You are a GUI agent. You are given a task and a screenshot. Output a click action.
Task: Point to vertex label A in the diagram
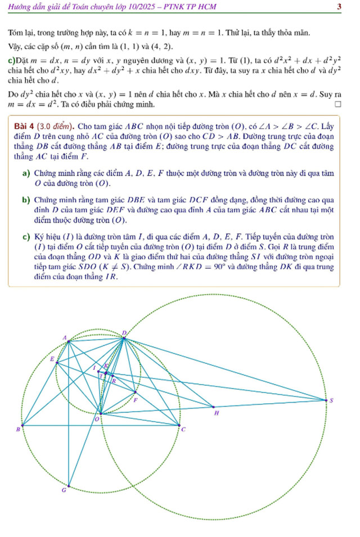(64, 338)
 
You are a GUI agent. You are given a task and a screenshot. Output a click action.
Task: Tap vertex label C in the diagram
(184, 430)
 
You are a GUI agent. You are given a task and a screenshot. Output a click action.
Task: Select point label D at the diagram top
(124, 333)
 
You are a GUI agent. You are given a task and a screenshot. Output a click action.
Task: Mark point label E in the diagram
(52, 358)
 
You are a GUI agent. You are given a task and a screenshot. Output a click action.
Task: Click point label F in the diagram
(136, 400)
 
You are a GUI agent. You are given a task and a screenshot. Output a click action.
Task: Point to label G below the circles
(64, 491)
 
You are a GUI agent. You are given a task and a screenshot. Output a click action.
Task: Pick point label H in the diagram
(217, 413)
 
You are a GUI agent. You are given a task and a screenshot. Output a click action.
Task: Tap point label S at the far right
(331, 400)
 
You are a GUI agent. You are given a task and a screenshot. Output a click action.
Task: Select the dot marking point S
(326, 400)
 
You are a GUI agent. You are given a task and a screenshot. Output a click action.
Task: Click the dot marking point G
(69, 486)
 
